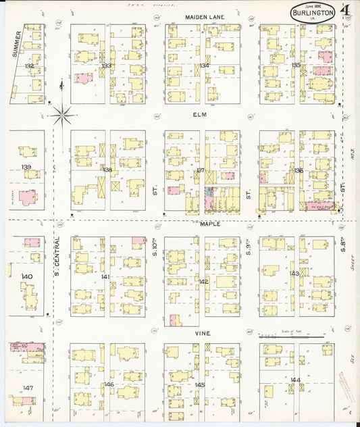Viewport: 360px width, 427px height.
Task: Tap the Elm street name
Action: point(199,116)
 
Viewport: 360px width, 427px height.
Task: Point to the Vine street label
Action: point(203,333)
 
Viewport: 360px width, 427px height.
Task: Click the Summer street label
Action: point(17,43)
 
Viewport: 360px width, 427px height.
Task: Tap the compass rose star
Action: point(63,118)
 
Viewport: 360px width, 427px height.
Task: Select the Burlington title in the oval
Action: point(313,13)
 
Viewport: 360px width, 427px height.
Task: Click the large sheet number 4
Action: point(345,10)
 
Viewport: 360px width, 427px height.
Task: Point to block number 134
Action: point(203,66)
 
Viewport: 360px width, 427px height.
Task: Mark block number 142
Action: point(203,281)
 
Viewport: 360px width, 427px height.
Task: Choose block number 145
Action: point(199,384)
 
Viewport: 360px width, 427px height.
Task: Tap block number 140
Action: point(26,276)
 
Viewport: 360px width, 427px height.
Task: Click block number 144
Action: point(295,380)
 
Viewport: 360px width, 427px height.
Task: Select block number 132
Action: point(28,66)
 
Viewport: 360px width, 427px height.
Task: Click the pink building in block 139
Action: point(28,198)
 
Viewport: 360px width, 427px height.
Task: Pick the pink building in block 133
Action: point(83,78)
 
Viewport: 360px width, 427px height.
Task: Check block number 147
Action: point(27,387)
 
